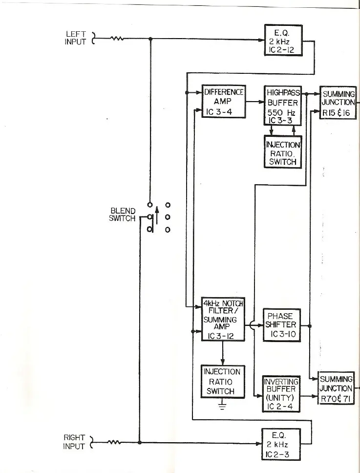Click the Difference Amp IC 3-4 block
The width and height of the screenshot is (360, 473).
(223, 102)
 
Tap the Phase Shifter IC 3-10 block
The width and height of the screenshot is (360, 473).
(282, 325)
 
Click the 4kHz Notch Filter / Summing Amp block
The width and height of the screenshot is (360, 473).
(223, 319)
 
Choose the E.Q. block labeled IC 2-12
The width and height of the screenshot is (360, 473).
(283, 40)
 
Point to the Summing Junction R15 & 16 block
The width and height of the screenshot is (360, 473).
(338, 102)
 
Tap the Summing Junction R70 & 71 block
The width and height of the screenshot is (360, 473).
(336, 388)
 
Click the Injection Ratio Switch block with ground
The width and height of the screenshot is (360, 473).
(223, 381)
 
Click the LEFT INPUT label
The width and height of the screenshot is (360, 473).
(76, 38)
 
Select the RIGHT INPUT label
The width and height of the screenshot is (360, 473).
(74, 442)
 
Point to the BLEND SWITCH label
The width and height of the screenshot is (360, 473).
(122, 215)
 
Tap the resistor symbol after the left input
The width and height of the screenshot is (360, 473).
(117, 39)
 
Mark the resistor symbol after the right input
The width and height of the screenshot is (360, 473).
(114, 443)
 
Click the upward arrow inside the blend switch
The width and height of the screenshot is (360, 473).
(157, 215)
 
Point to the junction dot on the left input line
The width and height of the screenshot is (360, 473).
(150, 39)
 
